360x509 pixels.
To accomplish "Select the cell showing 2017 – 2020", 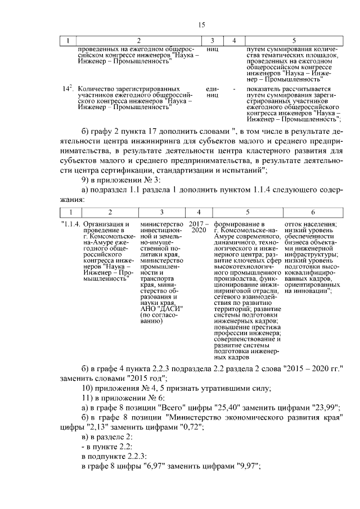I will (x=199, y=228).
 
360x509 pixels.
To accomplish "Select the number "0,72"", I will (x=190, y=427).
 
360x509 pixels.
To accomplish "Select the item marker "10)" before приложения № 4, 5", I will (x=87, y=388).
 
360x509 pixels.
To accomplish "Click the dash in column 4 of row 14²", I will (x=233, y=89).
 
